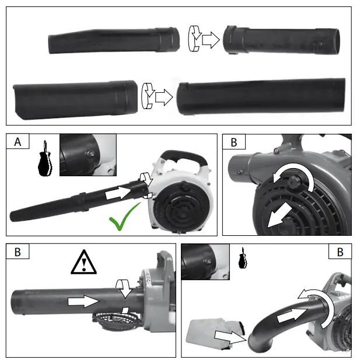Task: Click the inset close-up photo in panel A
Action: pyautogui.click(x=88, y=155)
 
